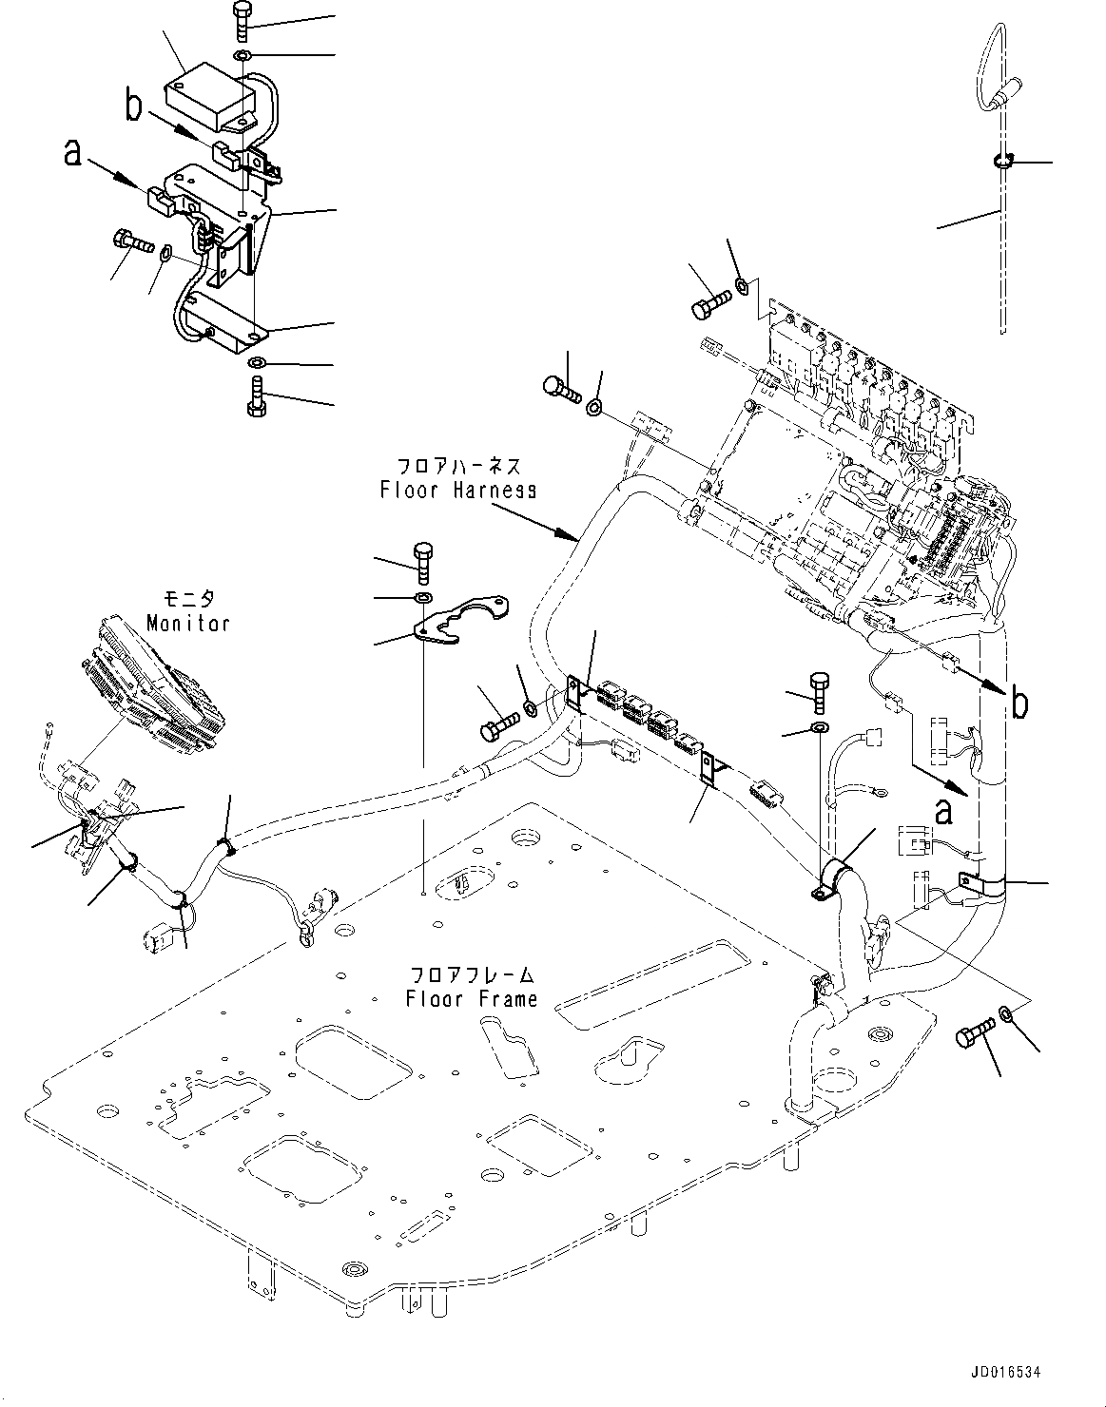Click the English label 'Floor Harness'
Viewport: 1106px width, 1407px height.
(457, 490)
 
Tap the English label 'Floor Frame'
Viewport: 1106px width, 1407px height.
(473, 999)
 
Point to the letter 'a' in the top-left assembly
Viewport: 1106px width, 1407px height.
(72, 152)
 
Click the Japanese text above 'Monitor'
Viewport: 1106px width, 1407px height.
(189, 600)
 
